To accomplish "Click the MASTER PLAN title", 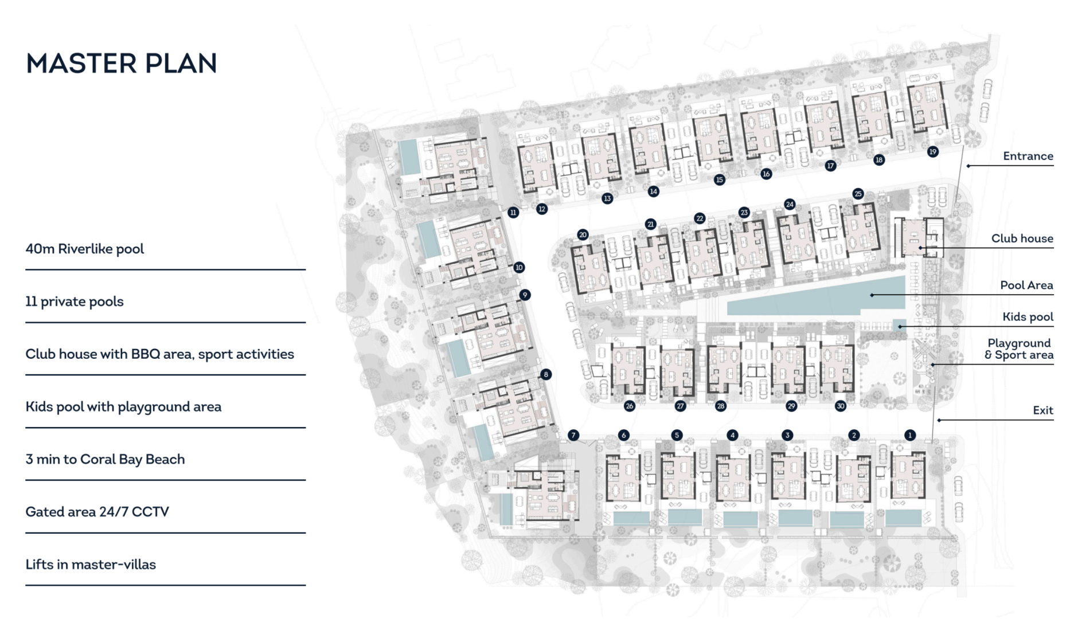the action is (x=122, y=63).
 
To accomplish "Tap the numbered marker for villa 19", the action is (x=933, y=152).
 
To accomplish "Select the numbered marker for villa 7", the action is (x=573, y=436).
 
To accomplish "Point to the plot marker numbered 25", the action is (x=858, y=194).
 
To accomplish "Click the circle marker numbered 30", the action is (x=841, y=406).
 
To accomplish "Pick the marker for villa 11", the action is (x=513, y=213).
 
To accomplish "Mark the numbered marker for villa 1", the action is (x=910, y=436).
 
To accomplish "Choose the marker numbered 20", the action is (x=583, y=234).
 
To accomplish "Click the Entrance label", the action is (x=1028, y=156).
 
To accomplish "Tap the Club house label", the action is (x=1022, y=238).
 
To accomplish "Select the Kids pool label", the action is (x=1028, y=317).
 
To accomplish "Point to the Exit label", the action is (x=1043, y=410).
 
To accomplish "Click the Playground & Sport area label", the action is (x=1019, y=349).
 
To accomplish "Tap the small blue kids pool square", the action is (x=899, y=324).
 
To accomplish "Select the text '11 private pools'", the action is (x=75, y=302).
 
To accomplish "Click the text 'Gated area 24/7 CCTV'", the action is (x=97, y=512).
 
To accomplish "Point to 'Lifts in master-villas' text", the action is (x=91, y=565).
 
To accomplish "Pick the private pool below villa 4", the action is (x=740, y=519).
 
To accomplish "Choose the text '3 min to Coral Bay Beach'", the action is (x=105, y=459).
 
